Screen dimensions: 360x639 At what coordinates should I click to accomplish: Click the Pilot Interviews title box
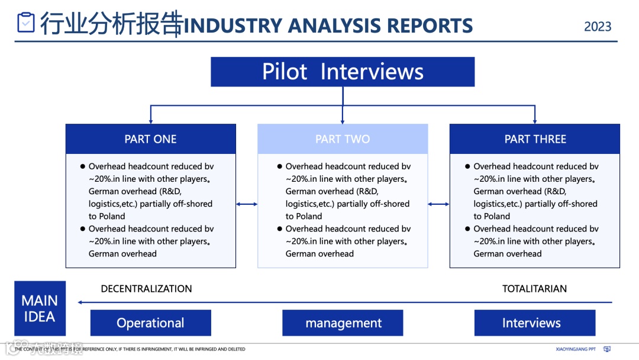[343, 72]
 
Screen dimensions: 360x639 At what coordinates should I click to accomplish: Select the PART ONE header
[150, 139]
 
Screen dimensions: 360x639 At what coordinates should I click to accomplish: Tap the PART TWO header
[343, 139]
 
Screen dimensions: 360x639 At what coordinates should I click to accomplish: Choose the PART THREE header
[535, 139]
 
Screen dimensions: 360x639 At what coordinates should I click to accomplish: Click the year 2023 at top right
[598, 27]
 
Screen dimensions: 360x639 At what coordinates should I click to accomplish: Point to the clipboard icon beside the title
[26, 22]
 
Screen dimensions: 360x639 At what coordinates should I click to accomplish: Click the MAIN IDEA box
[40, 308]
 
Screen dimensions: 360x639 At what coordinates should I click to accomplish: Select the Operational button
[150, 323]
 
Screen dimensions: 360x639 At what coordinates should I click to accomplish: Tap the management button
[343, 323]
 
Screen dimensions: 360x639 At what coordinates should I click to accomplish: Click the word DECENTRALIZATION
[146, 289]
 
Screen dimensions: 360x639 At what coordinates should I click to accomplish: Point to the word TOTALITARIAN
[534, 289]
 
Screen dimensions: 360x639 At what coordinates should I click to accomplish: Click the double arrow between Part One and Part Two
[247, 204]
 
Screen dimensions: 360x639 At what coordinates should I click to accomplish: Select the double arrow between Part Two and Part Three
[438, 204]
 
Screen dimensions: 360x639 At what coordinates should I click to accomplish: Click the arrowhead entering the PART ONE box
[151, 121]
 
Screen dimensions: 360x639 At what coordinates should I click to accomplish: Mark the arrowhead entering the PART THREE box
[535, 121]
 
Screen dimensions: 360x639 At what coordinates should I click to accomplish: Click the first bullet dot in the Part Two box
[279, 167]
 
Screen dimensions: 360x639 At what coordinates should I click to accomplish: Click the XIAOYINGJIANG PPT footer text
[576, 349]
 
